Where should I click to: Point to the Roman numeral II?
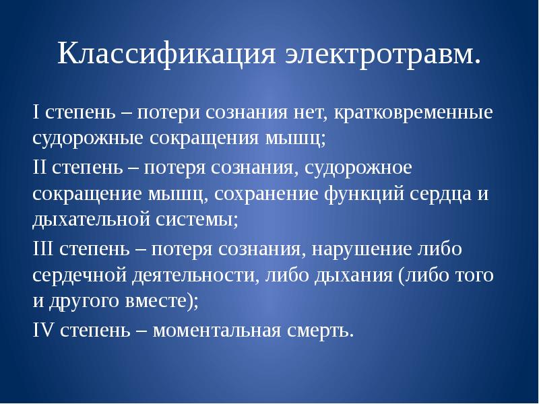pos(38,167)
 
